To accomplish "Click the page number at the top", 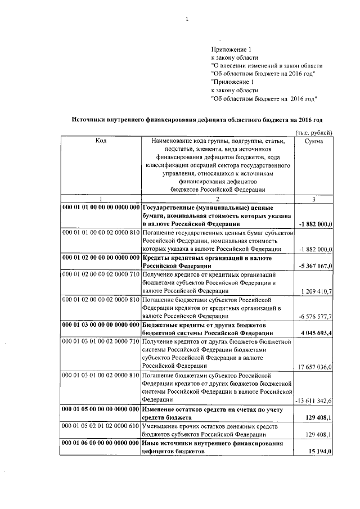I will click(x=186, y=21).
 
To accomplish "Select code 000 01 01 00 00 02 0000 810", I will click(x=101, y=232).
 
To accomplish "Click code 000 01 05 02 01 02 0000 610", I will click(x=101, y=426).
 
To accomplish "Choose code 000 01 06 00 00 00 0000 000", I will click(x=101, y=443).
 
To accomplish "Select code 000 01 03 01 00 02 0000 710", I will click(x=101, y=341).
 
